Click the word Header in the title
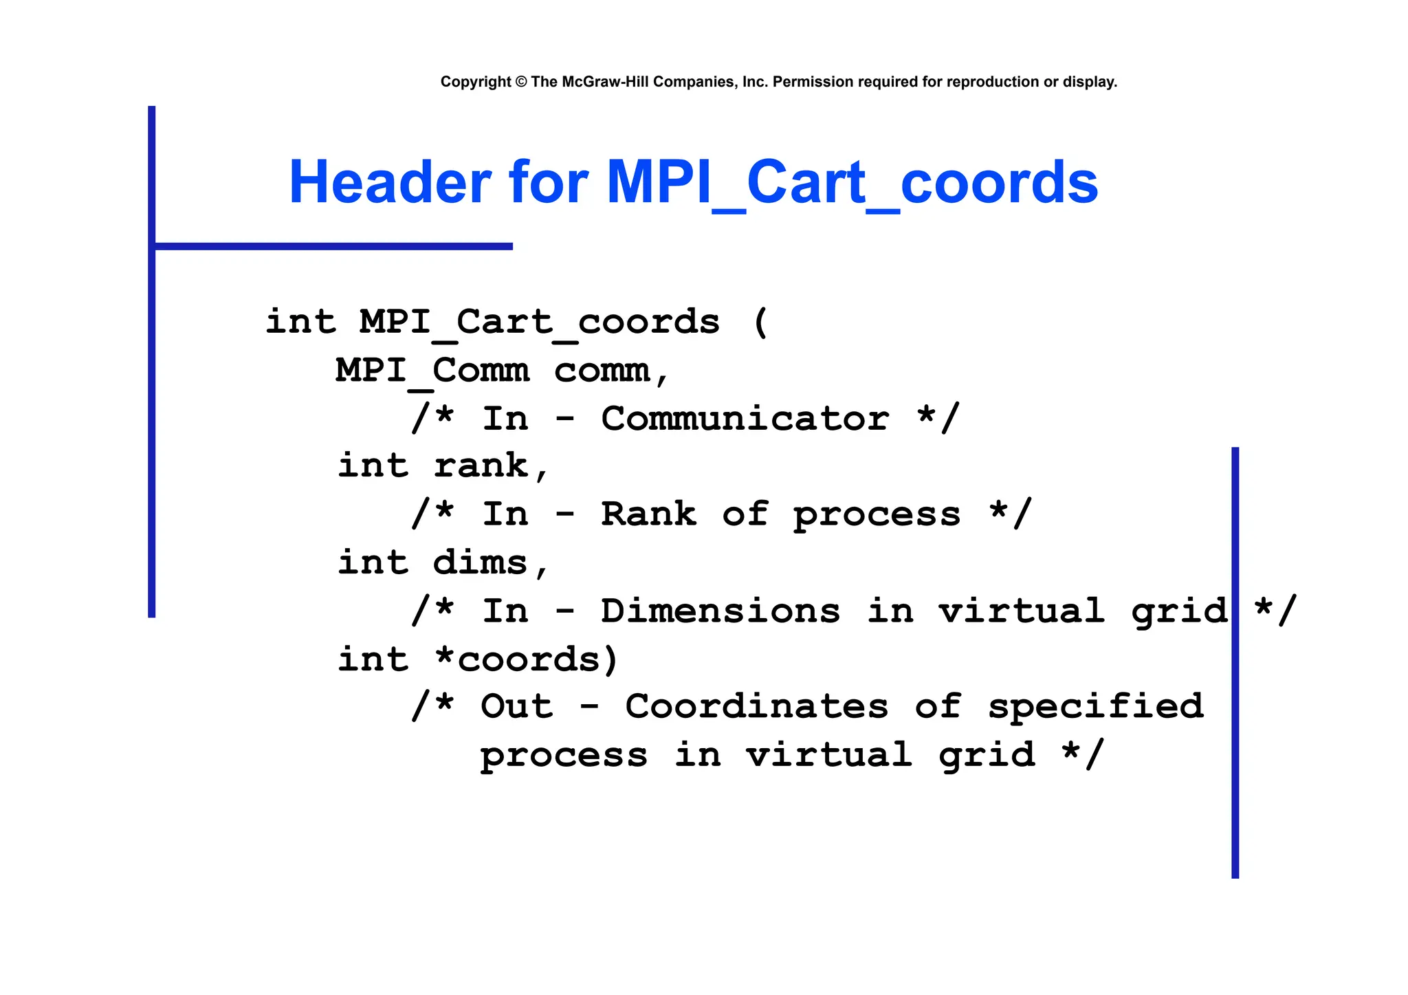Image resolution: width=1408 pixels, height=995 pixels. tap(389, 182)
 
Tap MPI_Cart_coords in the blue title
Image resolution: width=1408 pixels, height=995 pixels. tap(852, 182)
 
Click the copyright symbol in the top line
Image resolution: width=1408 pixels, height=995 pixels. tap(520, 82)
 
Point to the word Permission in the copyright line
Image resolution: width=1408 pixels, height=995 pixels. tap(813, 82)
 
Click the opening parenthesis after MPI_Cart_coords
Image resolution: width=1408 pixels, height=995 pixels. tap(760, 322)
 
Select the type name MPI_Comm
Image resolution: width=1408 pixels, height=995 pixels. tap(432, 371)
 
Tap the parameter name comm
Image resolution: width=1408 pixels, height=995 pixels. tap(602, 371)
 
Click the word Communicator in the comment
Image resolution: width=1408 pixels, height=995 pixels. tap(745, 419)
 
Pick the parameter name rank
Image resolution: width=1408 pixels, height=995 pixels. tap(481, 466)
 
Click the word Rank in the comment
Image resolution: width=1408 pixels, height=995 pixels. tap(648, 514)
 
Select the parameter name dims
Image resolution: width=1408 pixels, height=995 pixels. tap(480, 562)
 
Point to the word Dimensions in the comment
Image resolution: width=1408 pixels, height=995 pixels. tap(720, 611)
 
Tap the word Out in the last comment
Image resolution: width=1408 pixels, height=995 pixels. tap(516, 707)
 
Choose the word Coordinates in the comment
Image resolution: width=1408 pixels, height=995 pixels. tap(756, 707)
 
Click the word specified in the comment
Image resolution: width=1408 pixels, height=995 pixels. tap(1096, 707)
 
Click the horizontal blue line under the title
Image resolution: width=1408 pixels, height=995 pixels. tap(333, 246)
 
